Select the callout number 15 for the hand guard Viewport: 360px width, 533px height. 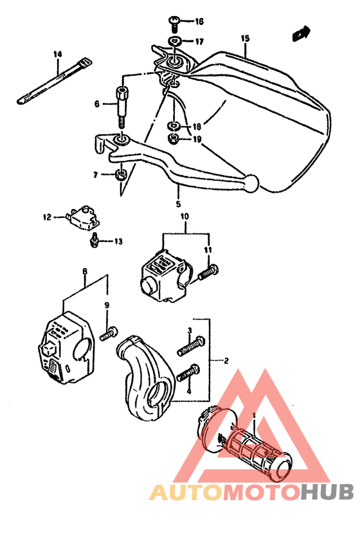point(244,39)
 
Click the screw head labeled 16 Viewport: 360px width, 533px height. point(174,22)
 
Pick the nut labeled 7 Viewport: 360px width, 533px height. point(120,175)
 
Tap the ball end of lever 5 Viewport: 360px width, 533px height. point(251,183)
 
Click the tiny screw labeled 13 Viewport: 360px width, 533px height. point(94,240)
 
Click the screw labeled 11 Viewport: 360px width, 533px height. point(210,273)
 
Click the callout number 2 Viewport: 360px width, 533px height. point(225,361)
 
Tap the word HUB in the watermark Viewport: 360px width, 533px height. point(327,492)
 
